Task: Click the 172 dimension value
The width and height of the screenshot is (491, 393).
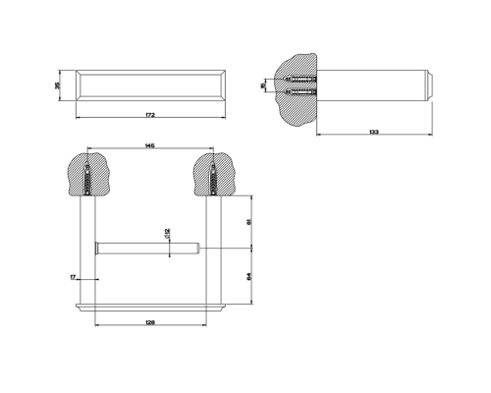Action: tap(149, 115)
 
